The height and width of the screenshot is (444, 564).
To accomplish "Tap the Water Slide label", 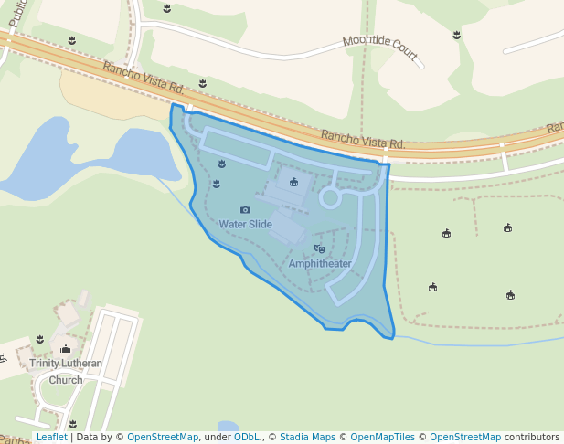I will [x=245, y=224].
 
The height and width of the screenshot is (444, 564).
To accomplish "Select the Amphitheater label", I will [x=320, y=264].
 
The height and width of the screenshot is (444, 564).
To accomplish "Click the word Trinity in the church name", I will [x=47, y=364].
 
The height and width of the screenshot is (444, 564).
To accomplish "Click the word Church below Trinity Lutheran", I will [x=66, y=380].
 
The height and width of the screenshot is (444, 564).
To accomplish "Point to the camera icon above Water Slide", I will [x=245, y=210].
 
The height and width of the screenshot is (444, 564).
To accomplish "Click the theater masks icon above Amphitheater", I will [x=319, y=248].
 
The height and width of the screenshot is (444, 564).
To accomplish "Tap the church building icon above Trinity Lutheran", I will [x=65, y=349].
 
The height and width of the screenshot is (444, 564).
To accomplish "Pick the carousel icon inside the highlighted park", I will [x=293, y=183].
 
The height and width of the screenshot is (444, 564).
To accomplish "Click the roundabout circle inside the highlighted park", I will [x=330, y=197].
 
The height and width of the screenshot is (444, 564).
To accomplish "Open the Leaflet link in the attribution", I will [x=51, y=438].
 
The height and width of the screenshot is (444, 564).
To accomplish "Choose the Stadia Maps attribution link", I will [x=307, y=438].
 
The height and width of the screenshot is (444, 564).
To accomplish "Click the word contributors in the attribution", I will [x=532, y=438].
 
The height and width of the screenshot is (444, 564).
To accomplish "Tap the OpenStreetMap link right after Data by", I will [x=163, y=438].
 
